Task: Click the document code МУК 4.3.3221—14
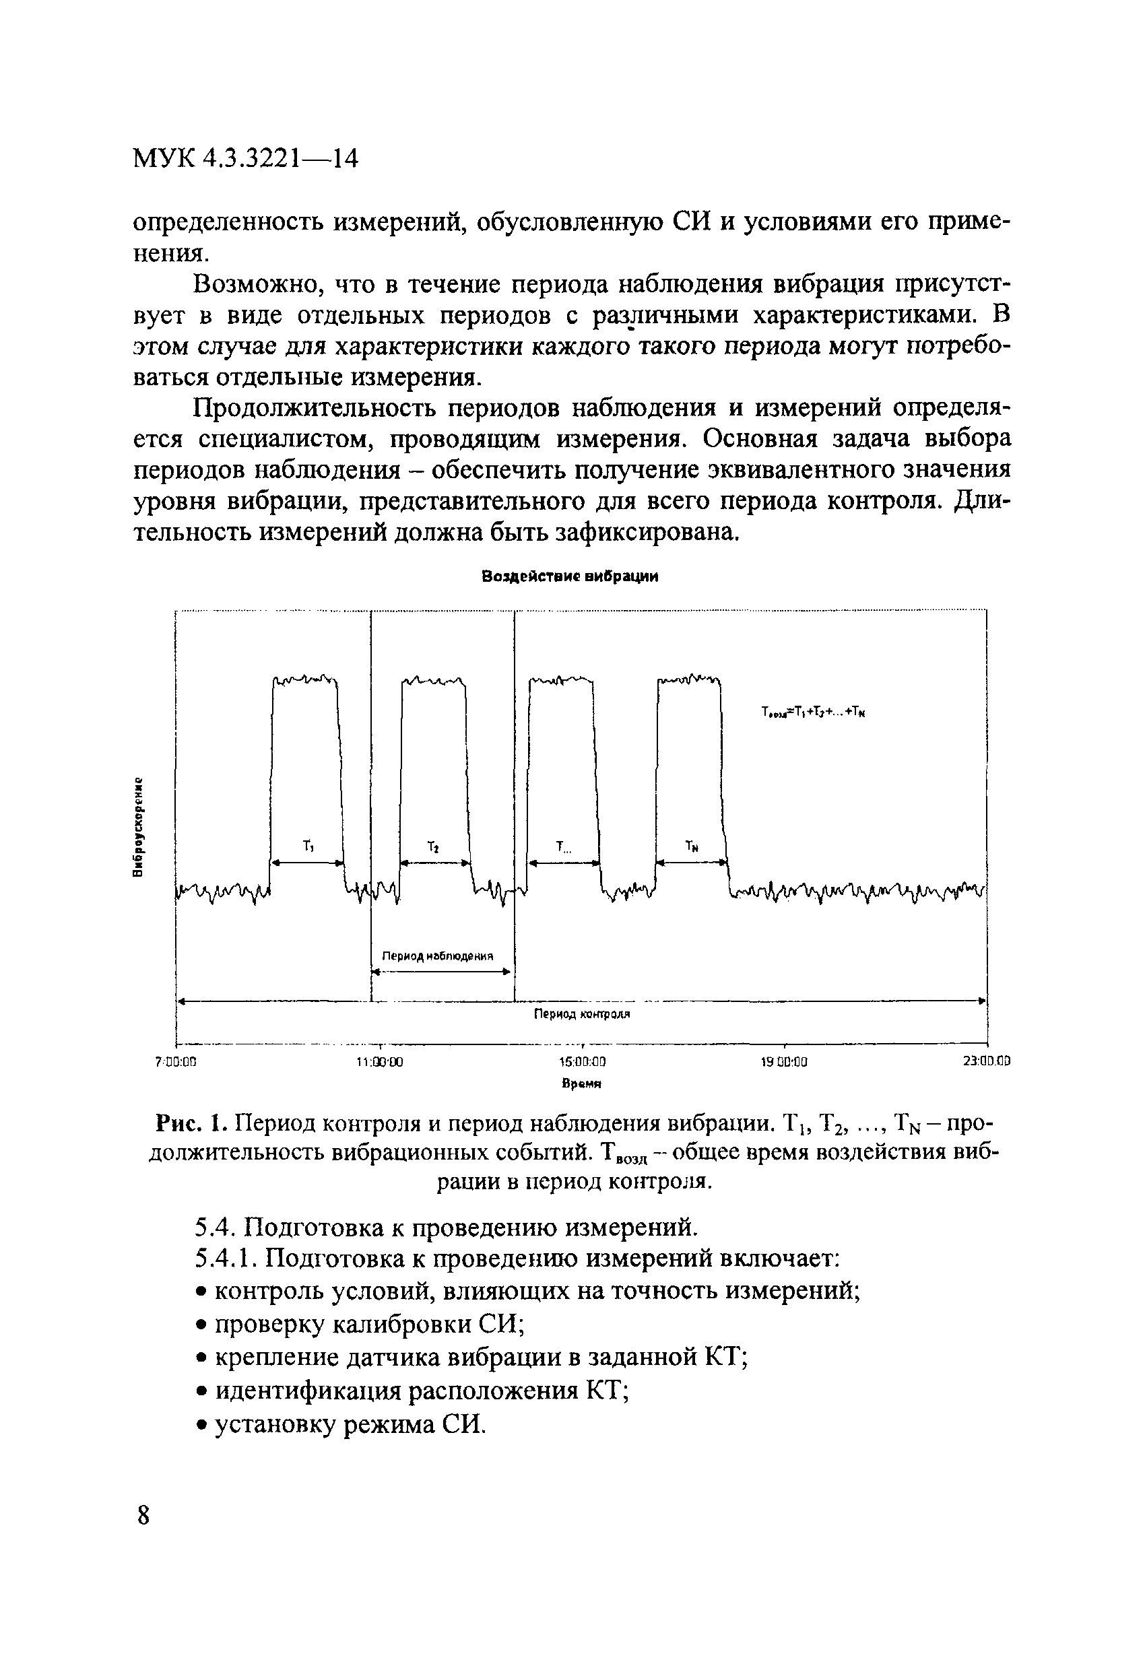coord(246,158)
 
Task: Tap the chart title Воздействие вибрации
coord(569,576)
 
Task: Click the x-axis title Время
coord(581,1084)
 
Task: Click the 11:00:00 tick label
coord(379,1061)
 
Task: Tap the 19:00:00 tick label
coord(784,1061)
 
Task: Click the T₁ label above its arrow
coord(309,846)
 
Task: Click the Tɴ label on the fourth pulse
coord(692,846)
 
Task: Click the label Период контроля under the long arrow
coord(581,1014)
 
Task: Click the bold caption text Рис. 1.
coord(193,1122)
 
